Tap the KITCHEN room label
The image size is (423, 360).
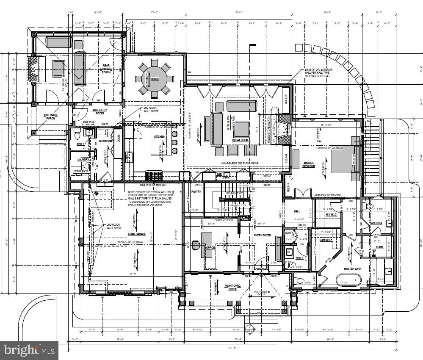click(x=159, y=136)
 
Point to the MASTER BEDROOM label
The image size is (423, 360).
click(x=309, y=164)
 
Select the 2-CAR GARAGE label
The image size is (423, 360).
click(x=137, y=234)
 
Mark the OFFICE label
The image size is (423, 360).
click(x=210, y=248)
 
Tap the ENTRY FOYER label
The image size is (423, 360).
click(x=262, y=235)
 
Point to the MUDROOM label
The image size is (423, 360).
click(x=105, y=141)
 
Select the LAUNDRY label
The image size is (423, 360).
click(x=83, y=159)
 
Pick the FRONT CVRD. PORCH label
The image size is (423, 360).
click(x=232, y=288)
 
